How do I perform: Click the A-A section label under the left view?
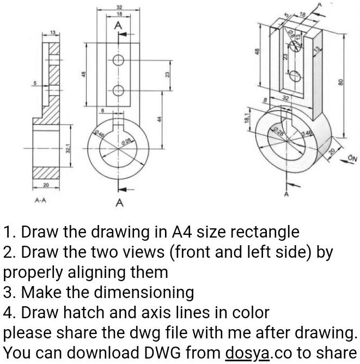point(40,200)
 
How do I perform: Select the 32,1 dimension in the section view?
point(68,148)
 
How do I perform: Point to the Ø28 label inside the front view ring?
point(126,142)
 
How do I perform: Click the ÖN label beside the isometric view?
point(352,159)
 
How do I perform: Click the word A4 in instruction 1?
point(182,232)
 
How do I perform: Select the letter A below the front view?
point(119,204)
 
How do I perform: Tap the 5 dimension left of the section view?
point(34,83)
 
